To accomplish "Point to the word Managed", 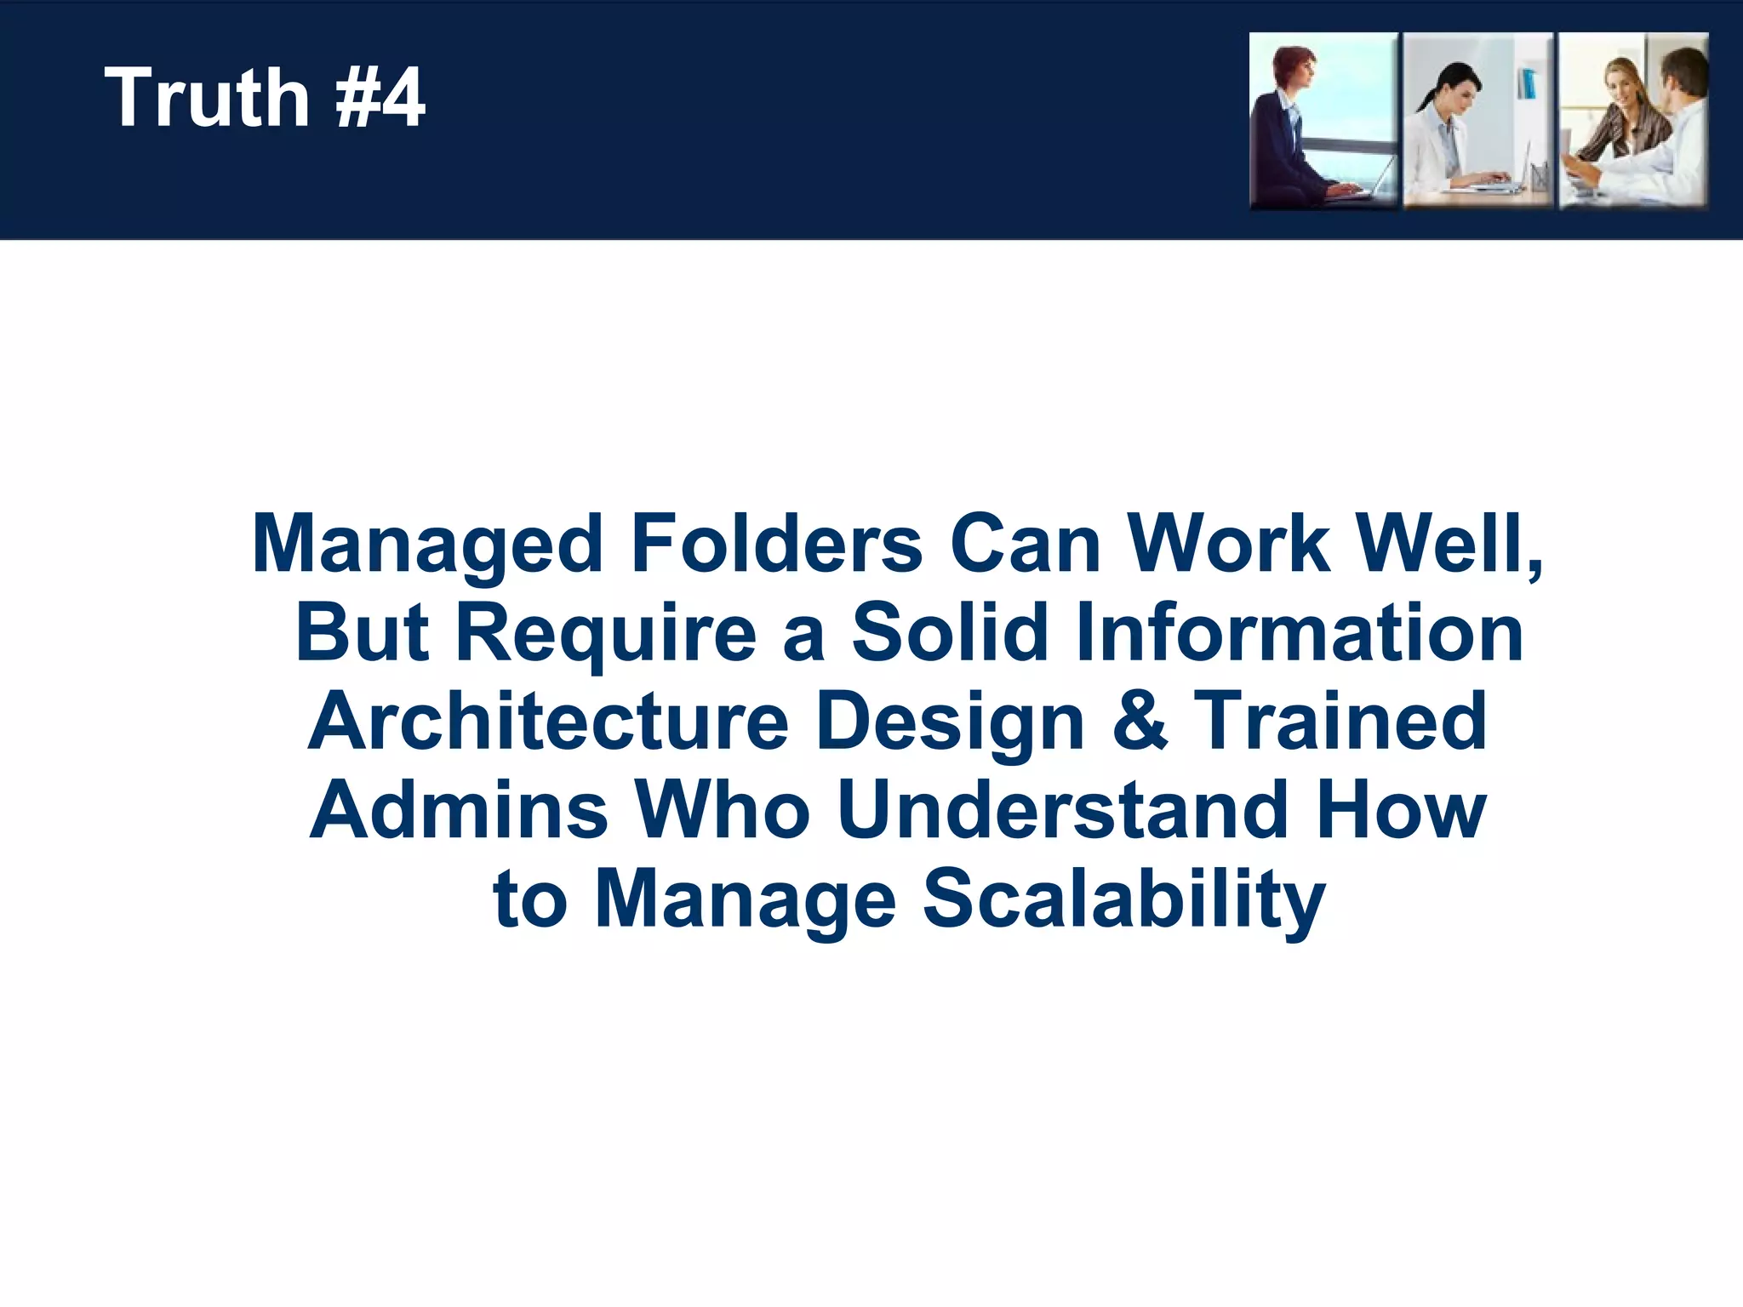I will tap(428, 545).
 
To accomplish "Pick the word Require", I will tap(606, 634).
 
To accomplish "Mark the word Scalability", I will tap(1124, 900).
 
